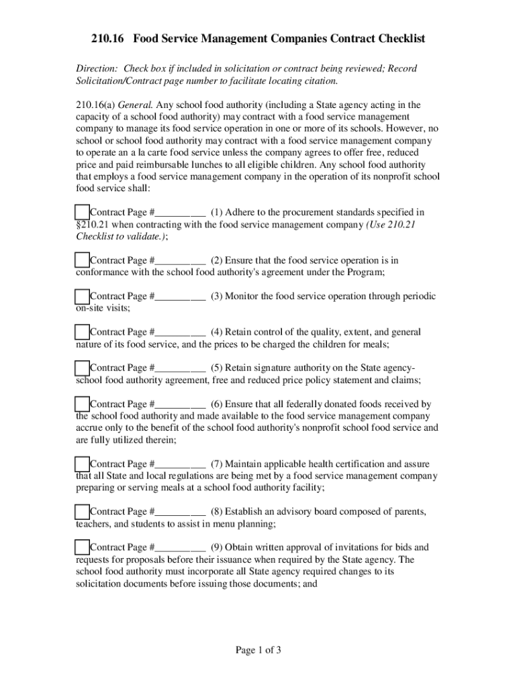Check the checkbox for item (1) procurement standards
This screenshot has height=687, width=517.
click(82, 213)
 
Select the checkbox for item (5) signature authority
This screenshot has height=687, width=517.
click(82, 368)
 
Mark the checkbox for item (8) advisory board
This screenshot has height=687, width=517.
click(82, 512)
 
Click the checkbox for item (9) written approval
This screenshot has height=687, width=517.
click(82, 547)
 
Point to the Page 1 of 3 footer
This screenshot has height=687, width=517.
click(258, 650)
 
